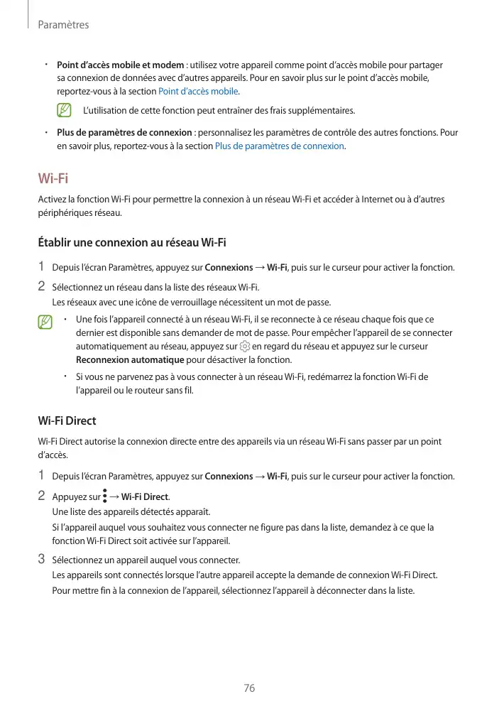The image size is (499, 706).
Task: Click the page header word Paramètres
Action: tap(63, 25)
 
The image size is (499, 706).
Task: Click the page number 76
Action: tap(249, 688)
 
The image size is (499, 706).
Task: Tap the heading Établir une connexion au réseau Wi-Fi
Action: tap(131, 243)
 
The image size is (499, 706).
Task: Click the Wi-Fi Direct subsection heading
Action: tap(67, 420)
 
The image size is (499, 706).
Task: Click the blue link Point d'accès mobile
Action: tap(198, 91)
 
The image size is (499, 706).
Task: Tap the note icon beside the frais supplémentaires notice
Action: tap(65, 111)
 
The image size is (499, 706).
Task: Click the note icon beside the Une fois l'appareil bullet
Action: tap(46, 322)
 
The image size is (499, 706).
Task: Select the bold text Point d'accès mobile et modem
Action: tap(120, 65)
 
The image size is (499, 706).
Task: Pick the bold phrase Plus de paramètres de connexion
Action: tap(124, 132)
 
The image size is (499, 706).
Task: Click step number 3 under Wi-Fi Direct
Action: tap(42, 558)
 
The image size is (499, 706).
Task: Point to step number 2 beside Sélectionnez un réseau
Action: tap(42, 286)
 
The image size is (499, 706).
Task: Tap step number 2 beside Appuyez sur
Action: tap(42, 495)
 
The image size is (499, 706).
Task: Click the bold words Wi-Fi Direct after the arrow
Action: tap(145, 496)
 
